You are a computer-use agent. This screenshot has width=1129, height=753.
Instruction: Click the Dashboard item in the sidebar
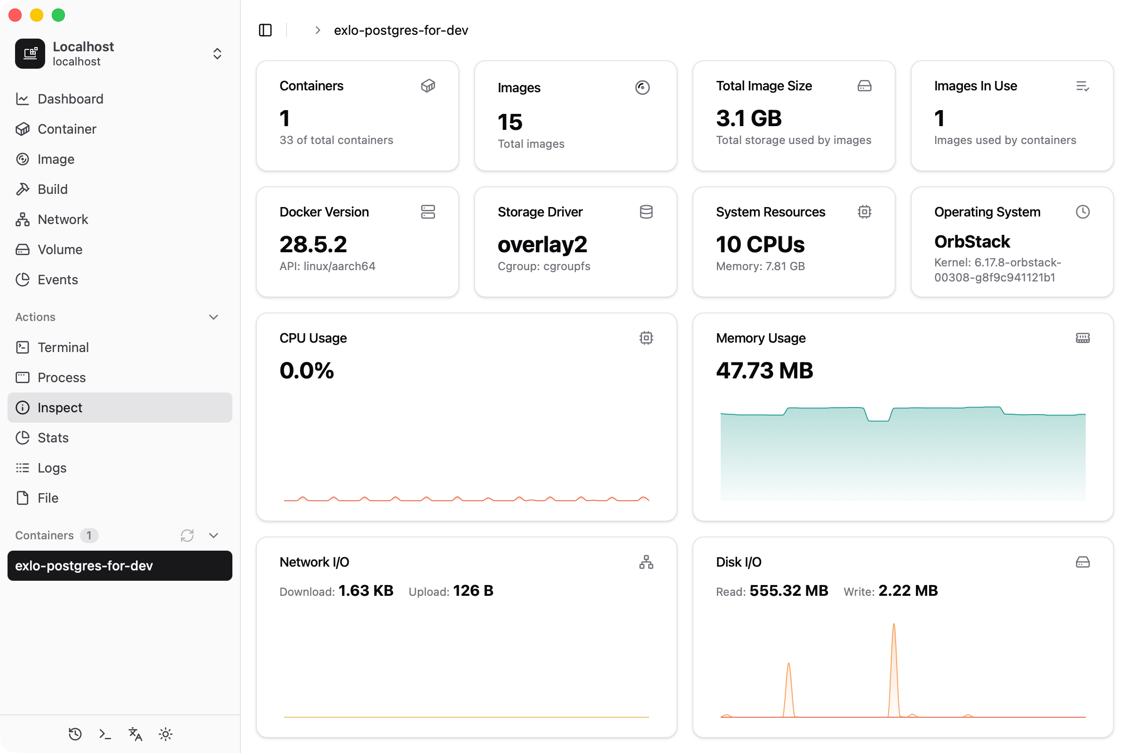70,99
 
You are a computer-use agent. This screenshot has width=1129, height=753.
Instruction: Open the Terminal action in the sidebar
63,347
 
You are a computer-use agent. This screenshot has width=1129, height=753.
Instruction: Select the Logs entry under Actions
52,468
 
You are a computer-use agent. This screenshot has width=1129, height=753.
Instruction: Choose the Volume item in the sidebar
60,250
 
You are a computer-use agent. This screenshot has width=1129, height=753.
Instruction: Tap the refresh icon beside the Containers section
187,536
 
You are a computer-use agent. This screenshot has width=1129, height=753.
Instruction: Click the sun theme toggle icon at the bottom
166,734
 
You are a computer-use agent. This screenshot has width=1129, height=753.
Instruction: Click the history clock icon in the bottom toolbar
75,734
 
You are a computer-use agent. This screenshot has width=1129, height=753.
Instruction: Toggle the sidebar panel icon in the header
265,30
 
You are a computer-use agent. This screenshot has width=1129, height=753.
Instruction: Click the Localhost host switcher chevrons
217,54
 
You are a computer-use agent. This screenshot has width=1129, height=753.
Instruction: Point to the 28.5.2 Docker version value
313,244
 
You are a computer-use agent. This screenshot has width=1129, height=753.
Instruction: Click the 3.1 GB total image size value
748,119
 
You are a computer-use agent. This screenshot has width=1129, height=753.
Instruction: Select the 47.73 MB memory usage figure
764,371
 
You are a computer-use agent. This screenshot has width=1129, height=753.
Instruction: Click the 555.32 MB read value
789,591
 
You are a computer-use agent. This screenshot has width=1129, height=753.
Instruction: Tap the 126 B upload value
473,591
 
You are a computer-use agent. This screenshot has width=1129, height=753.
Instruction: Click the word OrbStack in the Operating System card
971,241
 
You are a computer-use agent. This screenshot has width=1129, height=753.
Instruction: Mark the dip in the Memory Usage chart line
878,420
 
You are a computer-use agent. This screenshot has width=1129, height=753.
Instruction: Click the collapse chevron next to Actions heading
214,317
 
